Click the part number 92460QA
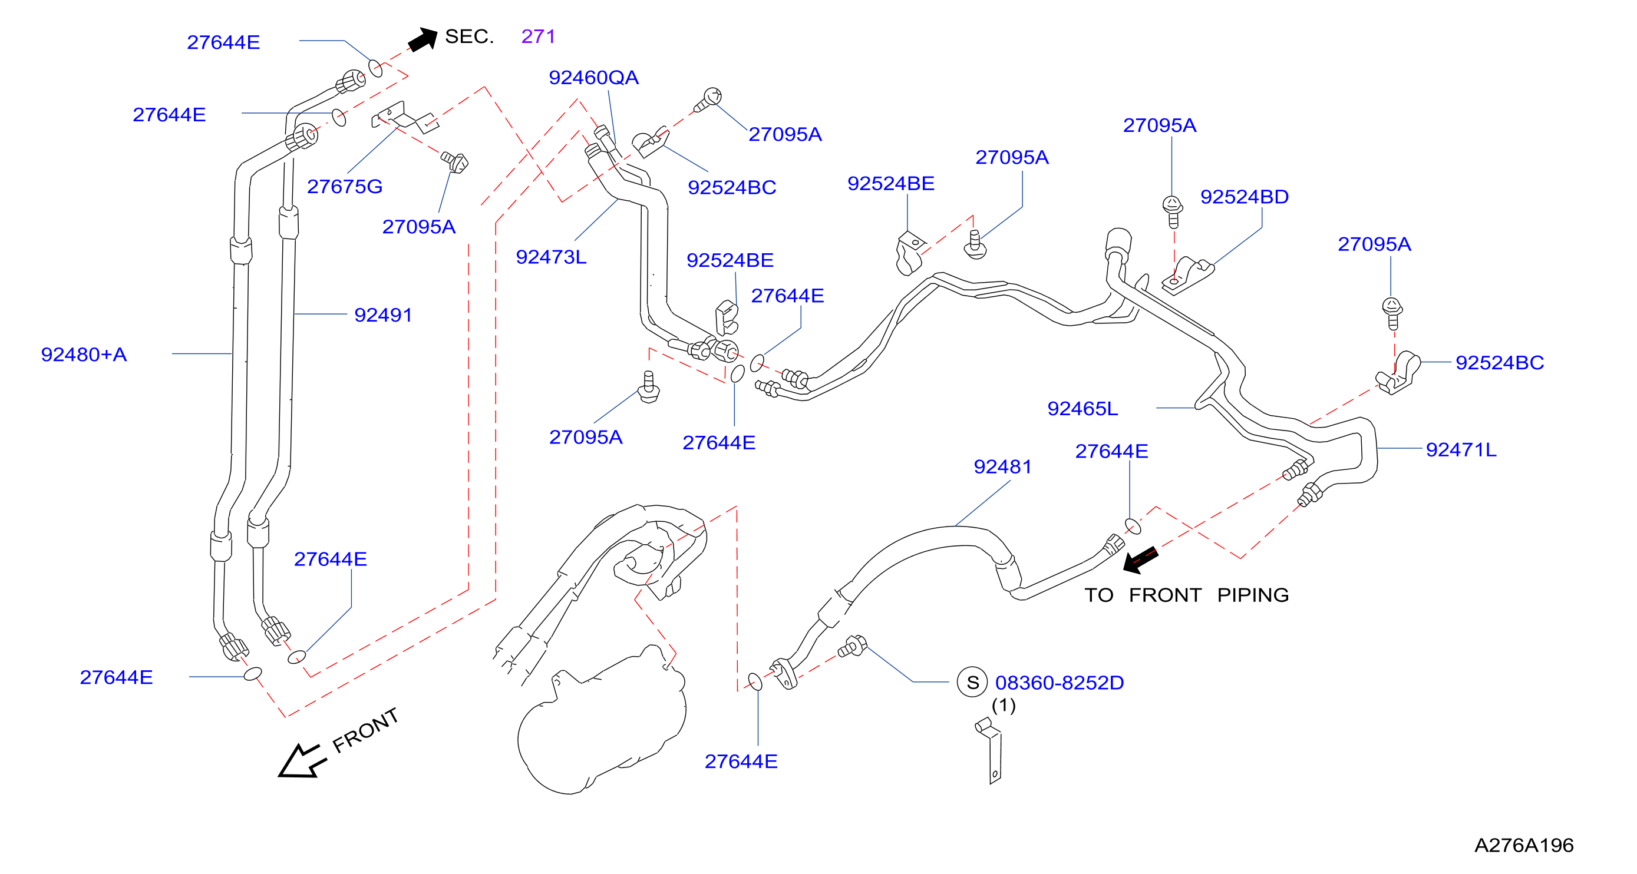point(593,78)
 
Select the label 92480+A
point(84,355)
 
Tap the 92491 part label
point(383,315)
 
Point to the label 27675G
point(345,187)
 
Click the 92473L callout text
point(551,257)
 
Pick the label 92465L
point(1082,408)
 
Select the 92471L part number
point(1461,450)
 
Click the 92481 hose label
point(1003,467)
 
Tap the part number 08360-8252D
point(1060,683)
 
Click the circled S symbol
point(972,683)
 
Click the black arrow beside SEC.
point(423,39)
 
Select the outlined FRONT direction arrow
point(302,760)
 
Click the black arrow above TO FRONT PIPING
point(1140,560)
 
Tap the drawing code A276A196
point(1524,845)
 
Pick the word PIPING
point(1253,595)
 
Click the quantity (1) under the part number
point(1004,706)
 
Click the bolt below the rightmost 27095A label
point(1392,314)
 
